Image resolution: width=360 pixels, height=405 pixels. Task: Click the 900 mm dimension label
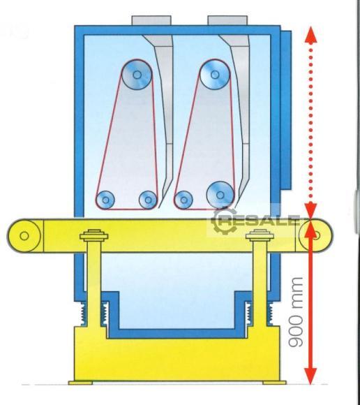(296, 312)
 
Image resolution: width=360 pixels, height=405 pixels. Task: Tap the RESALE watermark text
(261, 221)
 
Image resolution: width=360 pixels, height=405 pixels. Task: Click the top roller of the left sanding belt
(137, 75)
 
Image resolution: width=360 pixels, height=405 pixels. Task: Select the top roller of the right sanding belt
(215, 75)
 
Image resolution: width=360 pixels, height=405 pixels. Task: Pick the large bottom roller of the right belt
(220, 195)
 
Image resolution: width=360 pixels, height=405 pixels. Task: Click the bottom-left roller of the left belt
(105, 200)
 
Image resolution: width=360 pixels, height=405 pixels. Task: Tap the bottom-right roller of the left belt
(148, 200)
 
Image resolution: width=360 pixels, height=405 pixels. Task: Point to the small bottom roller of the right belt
(183, 200)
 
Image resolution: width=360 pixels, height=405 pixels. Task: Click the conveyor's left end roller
(24, 235)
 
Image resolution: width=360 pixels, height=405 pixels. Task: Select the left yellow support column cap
(93, 235)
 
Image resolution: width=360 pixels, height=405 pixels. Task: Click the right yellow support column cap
(260, 235)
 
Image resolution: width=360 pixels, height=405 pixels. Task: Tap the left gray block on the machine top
(151, 20)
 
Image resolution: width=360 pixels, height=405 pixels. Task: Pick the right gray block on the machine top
(227, 20)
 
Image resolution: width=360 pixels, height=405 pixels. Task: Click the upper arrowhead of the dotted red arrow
(310, 34)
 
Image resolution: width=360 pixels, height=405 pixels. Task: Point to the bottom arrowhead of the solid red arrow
(310, 376)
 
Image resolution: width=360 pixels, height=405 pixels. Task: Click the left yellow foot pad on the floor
(80, 383)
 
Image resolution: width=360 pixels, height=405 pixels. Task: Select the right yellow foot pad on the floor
(274, 383)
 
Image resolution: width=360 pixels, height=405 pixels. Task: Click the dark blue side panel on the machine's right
(286, 110)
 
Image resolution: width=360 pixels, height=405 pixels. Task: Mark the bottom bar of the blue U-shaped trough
(177, 334)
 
